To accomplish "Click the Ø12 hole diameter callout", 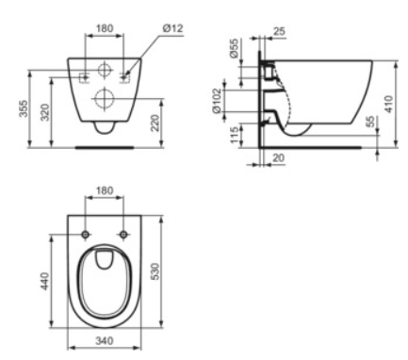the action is point(172,28).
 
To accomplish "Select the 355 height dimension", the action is point(24,108).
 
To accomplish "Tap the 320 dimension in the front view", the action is point(45,112).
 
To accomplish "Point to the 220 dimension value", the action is point(155,123).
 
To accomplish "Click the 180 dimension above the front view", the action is point(105,28).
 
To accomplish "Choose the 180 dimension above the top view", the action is point(105,190).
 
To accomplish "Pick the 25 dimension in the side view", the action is point(279,31).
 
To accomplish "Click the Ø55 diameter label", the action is point(235,48).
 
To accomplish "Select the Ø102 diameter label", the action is point(217,101).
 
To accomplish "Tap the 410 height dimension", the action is point(389,104).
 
